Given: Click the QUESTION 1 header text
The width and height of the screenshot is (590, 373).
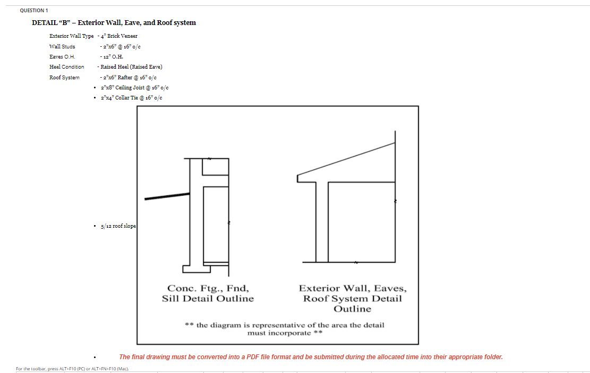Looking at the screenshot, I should pos(33,11).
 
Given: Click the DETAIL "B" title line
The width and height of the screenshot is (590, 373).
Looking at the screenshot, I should pos(114,23).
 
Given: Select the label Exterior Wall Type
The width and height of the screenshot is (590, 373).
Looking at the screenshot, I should pos(71,36).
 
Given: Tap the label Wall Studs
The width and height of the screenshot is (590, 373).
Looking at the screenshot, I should pos(62,46).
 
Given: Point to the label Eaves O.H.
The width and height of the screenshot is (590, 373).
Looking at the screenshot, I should pos(62,56).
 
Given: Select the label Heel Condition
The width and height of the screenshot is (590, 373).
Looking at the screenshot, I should pos(66,67).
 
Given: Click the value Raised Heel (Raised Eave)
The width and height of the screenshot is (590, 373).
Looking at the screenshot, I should pos(131,67).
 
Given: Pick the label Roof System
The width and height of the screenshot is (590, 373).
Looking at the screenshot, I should pos(64,78).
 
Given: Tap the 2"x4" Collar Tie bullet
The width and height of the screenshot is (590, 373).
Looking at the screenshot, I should pos(131,98).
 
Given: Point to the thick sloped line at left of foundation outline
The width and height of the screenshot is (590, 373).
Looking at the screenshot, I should pos(167,196).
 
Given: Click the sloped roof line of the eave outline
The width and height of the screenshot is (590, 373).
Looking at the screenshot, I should pos(346,159).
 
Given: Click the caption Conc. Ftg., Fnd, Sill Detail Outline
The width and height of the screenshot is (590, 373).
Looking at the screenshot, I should pos(208,294).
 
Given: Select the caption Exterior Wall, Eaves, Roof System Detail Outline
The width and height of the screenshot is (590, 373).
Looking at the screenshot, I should pos(353,299).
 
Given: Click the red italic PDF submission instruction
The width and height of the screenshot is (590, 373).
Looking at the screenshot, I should pos(311,357).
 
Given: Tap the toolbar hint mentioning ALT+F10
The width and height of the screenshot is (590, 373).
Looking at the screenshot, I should pos(72,369).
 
